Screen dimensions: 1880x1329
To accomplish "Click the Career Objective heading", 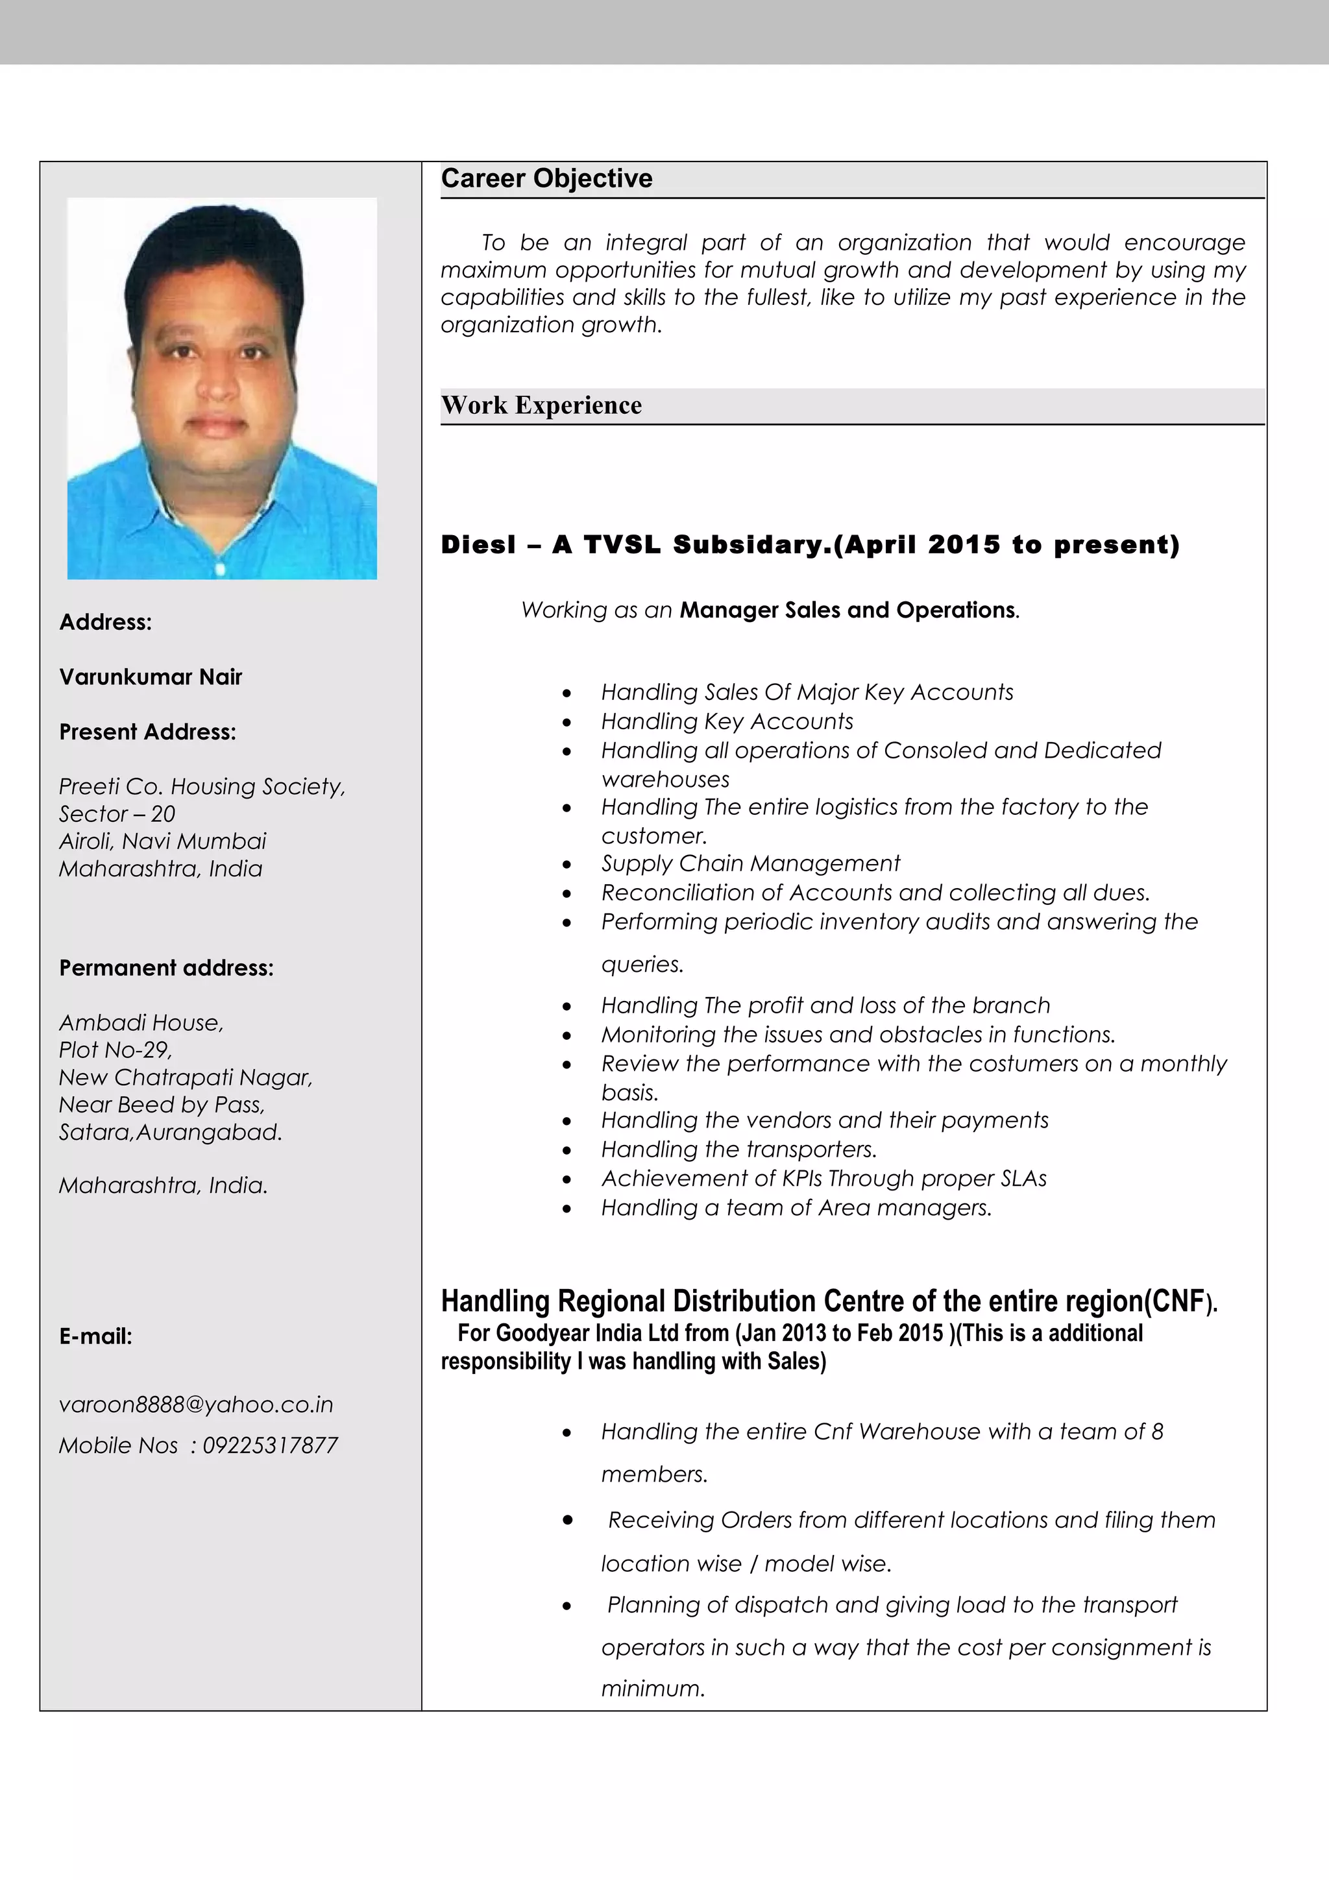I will [546, 178].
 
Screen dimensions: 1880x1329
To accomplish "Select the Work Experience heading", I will [541, 405].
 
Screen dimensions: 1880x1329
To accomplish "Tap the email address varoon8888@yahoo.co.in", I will [196, 1404].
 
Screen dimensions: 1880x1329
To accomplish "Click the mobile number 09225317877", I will [269, 1445].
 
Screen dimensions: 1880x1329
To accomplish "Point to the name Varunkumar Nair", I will [151, 677].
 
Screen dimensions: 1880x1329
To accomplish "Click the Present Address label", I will [147, 732].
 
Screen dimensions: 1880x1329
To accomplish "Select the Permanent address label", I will [166, 968].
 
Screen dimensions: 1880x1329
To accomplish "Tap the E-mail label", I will [96, 1336].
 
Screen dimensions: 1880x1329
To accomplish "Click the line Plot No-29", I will [116, 1050].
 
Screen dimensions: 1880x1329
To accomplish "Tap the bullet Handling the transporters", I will [738, 1149].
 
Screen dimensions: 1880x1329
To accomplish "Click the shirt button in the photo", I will [219, 568].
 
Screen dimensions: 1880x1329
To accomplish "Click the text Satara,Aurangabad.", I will [170, 1133].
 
